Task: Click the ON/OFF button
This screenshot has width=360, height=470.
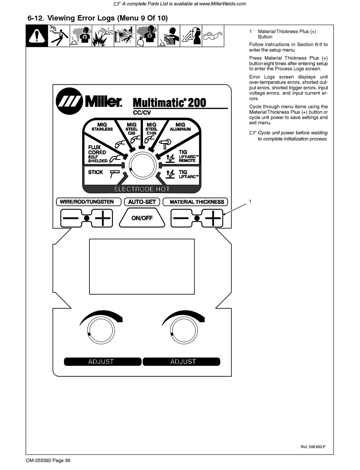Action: (x=142, y=218)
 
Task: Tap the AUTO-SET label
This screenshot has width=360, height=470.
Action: (x=142, y=202)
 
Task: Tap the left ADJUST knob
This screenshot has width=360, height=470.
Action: (x=101, y=330)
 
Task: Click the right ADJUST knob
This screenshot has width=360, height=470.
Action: (x=183, y=330)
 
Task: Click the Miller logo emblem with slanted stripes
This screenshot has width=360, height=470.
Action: (x=69, y=101)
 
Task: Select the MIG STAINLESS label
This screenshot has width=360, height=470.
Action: (x=102, y=127)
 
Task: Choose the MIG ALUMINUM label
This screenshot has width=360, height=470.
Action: (x=180, y=127)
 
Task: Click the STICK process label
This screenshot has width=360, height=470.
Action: (x=95, y=172)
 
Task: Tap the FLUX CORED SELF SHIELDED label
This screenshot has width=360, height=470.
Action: (x=97, y=154)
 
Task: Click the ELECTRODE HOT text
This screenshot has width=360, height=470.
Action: (x=142, y=189)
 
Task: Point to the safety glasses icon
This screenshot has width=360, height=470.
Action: (x=213, y=36)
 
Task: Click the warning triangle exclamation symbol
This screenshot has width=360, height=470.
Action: (x=37, y=36)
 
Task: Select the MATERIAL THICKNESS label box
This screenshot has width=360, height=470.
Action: (x=197, y=202)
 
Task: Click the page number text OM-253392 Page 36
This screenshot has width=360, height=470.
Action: (x=48, y=461)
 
